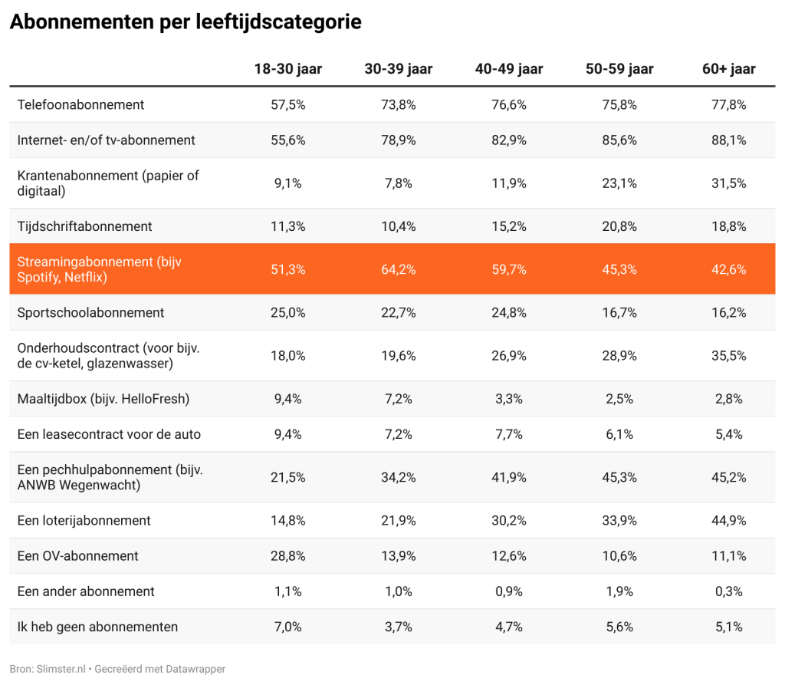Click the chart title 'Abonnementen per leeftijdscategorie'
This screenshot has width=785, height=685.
point(186,22)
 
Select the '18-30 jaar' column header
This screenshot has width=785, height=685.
point(288,68)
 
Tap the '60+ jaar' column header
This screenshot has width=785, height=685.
point(729,68)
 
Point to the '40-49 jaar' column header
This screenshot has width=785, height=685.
point(509,68)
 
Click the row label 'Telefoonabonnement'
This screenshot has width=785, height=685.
point(80,105)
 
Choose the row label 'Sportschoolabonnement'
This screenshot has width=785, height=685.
point(90,313)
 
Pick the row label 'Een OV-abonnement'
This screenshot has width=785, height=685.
point(77,555)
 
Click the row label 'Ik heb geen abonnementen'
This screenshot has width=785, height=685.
point(97,627)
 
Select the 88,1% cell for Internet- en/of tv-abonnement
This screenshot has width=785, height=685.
point(729,140)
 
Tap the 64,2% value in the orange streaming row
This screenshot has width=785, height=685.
point(399,269)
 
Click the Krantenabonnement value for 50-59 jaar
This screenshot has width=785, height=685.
point(619,183)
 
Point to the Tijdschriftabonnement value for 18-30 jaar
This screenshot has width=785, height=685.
point(288,226)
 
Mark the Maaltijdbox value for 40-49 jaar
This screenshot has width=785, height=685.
point(509,399)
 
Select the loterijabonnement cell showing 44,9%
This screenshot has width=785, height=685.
point(729,521)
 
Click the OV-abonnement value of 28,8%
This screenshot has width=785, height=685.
point(288,556)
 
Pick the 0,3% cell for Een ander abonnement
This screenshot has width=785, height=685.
point(729,591)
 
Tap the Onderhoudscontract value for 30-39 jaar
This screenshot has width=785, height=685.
point(399,356)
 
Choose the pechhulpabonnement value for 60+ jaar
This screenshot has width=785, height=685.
point(729,478)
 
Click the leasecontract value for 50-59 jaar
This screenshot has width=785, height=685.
point(619,434)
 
